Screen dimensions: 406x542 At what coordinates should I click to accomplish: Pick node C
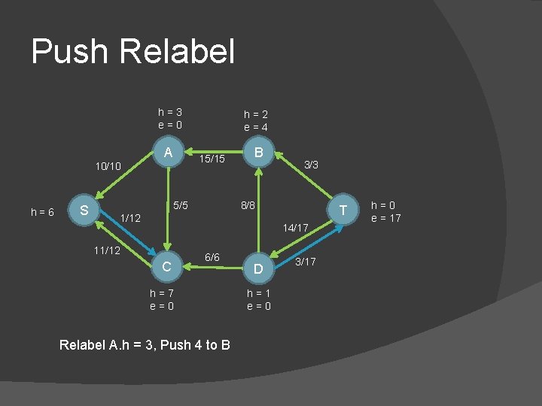(169, 266)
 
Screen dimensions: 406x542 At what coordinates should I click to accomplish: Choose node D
(258, 268)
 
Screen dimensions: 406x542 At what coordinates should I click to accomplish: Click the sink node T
(343, 210)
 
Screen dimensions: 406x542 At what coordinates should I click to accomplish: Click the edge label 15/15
(212, 159)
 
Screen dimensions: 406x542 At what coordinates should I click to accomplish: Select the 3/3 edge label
(311, 164)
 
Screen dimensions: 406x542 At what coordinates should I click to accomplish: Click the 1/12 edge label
(131, 218)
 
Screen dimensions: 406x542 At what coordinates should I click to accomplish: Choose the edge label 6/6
(212, 257)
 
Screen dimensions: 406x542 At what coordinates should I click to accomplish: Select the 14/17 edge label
(296, 226)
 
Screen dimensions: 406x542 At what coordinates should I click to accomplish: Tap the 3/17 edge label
(306, 261)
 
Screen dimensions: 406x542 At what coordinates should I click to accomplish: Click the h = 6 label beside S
(42, 212)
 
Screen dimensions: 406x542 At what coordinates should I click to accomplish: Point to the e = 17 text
(386, 218)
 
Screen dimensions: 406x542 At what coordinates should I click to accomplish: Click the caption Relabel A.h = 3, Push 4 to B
(144, 344)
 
